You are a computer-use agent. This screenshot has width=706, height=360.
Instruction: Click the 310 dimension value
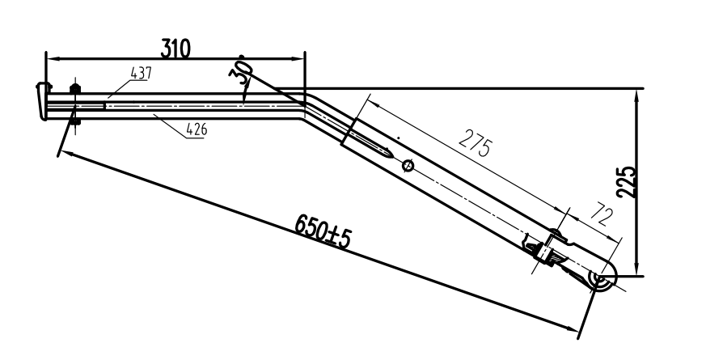(174, 49)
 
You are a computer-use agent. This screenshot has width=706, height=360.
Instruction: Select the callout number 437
(141, 73)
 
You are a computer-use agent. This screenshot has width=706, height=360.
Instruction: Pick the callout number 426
(195, 127)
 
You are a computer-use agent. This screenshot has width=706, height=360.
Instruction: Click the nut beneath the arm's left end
(75, 122)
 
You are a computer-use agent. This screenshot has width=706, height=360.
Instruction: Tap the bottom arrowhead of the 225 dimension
(637, 271)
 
